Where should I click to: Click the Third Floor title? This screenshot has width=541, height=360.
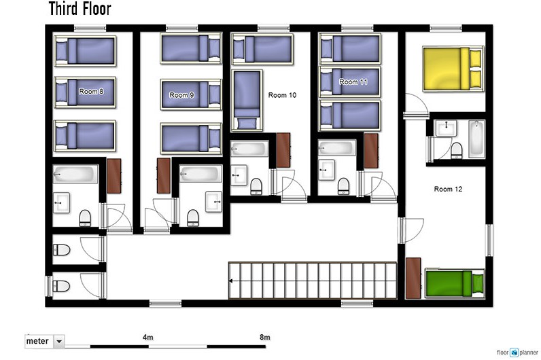pyautogui.click(x=80, y=9)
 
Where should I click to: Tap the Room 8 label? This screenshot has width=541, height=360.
pyautogui.click(x=91, y=92)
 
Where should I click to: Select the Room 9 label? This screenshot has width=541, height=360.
pyautogui.click(x=181, y=95)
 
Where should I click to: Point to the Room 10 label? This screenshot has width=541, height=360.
pyautogui.click(x=282, y=95)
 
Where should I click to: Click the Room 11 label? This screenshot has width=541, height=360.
pyautogui.click(x=353, y=82)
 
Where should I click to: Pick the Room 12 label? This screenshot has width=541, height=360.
pyautogui.click(x=448, y=189)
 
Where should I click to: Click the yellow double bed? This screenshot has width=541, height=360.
pyautogui.click(x=453, y=69)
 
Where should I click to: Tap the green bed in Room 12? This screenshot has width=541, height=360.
pyautogui.click(x=455, y=283)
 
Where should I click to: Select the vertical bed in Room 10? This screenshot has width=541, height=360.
pyautogui.click(x=247, y=101)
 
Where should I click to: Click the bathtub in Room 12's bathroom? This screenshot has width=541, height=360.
pyautogui.click(x=476, y=139)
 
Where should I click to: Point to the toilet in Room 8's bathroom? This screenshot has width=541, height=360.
pyautogui.click(x=85, y=218)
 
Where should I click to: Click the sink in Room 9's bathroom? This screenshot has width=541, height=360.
pyautogui.click(x=213, y=201)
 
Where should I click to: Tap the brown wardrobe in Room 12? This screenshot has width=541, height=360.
pyautogui.click(x=413, y=278)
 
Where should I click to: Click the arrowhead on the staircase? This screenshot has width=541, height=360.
pyautogui.click(x=230, y=281)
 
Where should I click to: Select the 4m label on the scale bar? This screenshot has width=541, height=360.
pyautogui.click(x=148, y=337)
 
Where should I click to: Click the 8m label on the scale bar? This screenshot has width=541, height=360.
pyautogui.click(x=264, y=337)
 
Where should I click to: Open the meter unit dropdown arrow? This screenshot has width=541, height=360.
pyautogui.click(x=59, y=342)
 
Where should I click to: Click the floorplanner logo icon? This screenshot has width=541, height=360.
pyautogui.click(x=514, y=353)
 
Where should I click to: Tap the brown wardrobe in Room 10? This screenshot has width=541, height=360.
pyautogui.click(x=283, y=150)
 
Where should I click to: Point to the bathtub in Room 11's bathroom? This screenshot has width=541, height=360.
pyautogui.click(x=336, y=147)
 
